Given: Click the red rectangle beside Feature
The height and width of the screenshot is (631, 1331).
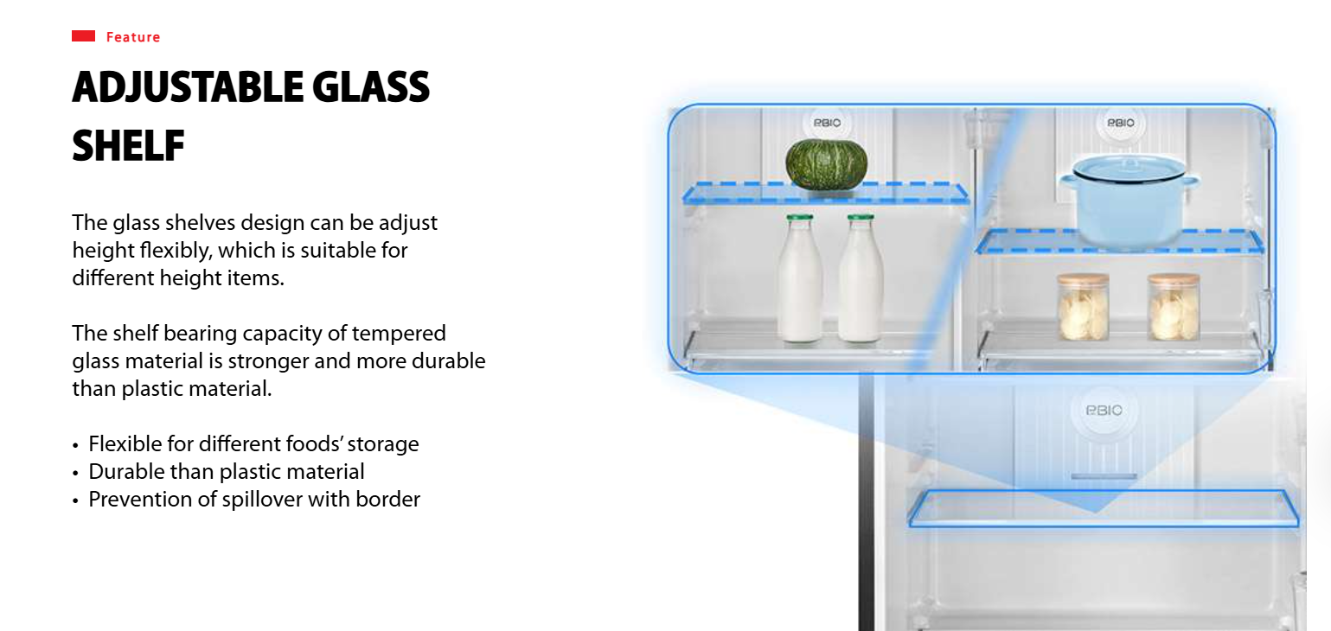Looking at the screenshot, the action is [x=83, y=36].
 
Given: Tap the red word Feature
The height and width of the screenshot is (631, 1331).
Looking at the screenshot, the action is [x=133, y=37].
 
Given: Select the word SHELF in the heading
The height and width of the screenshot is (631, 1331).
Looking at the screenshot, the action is [x=128, y=145].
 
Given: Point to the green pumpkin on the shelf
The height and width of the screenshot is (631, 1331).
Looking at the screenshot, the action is [x=826, y=164].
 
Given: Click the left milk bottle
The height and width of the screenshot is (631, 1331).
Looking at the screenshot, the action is [x=800, y=278].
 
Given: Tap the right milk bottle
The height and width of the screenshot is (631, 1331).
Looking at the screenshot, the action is [x=861, y=278].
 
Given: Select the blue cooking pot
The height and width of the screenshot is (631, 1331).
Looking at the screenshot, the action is [x=1129, y=201].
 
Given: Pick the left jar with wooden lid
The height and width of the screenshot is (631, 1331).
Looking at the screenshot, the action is [x=1083, y=306].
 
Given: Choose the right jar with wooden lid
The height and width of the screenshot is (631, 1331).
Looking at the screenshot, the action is [x=1174, y=306].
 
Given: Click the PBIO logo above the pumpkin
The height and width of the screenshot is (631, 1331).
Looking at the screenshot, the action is [x=827, y=123].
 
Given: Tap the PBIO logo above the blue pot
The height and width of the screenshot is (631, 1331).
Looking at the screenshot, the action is [x=1120, y=123].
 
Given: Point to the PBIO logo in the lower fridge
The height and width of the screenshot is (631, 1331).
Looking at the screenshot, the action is [x=1104, y=411].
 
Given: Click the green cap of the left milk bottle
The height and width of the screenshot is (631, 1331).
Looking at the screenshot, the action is [x=800, y=217].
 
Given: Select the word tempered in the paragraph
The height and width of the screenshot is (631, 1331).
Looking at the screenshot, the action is [x=398, y=334].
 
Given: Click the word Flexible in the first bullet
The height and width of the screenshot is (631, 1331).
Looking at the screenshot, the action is [x=125, y=444].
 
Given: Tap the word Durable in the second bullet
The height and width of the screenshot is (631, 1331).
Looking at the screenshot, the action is [x=126, y=472].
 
